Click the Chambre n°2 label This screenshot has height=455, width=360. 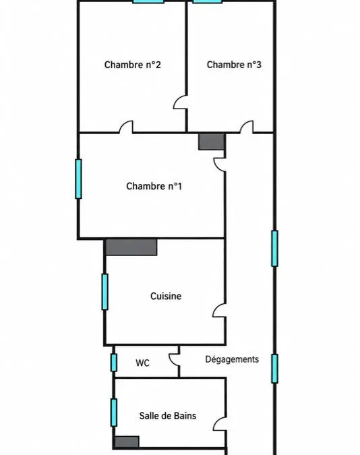[132, 65]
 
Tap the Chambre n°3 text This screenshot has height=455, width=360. [234, 65]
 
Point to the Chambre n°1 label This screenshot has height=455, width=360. [154, 186]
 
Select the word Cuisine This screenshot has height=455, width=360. [166, 296]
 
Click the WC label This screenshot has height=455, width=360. [142, 363]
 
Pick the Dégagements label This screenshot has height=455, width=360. [232, 359]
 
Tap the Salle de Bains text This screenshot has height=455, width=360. [168, 416]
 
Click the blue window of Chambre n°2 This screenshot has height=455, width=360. [148, 1]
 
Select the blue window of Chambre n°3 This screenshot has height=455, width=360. [207, 1]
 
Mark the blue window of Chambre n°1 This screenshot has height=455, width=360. [78, 179]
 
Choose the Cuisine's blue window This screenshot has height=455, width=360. [104, 292]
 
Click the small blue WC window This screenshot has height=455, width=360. [114, 363]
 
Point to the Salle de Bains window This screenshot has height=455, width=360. [114, 413]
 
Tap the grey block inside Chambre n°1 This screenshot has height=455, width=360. [212, 142]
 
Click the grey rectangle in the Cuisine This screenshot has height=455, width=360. [131, 247]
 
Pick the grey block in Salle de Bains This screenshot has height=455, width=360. [127, 442]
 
